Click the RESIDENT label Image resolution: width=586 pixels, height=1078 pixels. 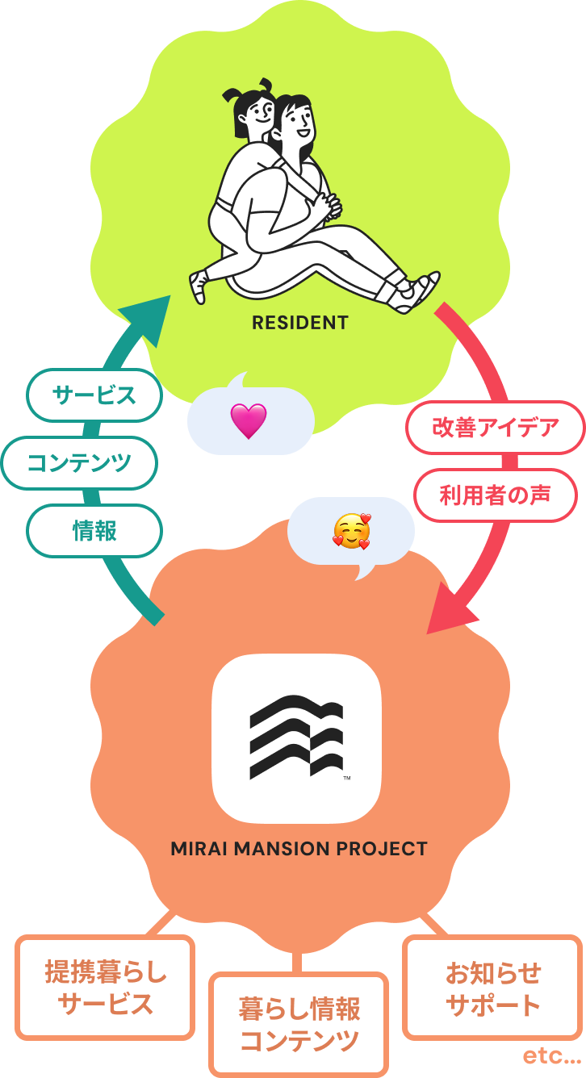(300, 323)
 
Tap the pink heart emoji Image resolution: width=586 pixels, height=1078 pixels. (248, 421)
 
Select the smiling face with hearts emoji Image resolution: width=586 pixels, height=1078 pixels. (352, 531)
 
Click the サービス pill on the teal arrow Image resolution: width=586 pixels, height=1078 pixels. (94, 395)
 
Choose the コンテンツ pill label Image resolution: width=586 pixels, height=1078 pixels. (79, 463)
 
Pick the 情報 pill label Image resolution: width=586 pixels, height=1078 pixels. (94, 531)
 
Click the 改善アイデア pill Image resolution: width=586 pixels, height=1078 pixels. (496, 428)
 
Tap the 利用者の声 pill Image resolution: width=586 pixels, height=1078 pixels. (496, 495)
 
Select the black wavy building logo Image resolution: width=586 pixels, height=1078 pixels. (296, 737)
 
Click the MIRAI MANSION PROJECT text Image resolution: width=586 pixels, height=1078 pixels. (299, 849)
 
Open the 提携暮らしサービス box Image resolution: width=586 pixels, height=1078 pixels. (105, 988)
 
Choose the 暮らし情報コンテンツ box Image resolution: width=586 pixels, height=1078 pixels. (299, 1025)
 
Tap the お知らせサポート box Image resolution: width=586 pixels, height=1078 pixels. (492, 988)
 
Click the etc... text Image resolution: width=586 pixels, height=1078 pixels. (552, 1055)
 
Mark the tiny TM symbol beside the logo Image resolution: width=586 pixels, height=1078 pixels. (347, 778)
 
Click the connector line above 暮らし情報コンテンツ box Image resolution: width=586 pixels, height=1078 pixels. (296, 962)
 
